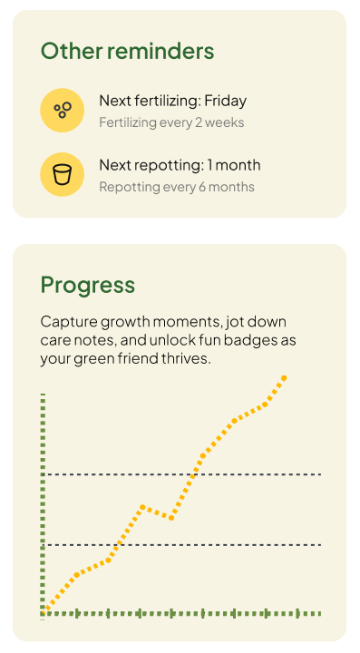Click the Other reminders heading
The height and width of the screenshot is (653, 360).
[x=127, y=51]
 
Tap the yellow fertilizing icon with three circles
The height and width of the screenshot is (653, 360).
[x=62, y=111]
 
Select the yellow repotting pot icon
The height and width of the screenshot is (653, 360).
[x=62, y=174]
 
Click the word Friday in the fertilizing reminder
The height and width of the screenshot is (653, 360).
[x=226, y=102]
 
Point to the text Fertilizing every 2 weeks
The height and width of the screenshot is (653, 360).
[x=171, y=122]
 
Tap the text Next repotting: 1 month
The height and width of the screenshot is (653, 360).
[x=180, y=165]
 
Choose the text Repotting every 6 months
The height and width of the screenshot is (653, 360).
[x=177, y=187]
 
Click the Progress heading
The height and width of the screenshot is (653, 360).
[x=88, y=286]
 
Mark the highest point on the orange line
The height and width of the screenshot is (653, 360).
[x=284, y=377]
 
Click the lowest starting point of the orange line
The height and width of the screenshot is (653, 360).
[x=44, y=611]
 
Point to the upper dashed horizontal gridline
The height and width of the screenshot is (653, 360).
[x=182, y=474]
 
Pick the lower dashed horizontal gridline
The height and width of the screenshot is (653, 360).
[x=182, y=545]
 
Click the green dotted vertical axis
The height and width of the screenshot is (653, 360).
[x=43, y=503]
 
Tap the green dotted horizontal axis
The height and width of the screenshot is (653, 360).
[x=182, y=613]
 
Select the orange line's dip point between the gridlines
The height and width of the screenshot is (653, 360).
[x=171, y=518]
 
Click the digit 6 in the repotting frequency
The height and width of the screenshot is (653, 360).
[x=202, y=187]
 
